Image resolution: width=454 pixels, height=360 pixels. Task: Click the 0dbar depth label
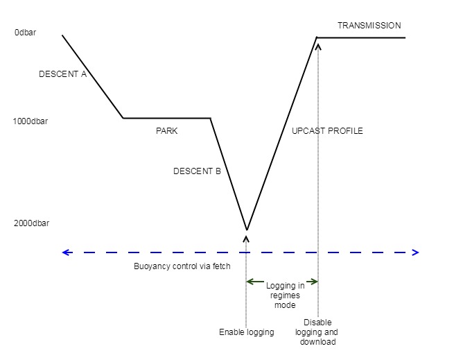tap(25, 33)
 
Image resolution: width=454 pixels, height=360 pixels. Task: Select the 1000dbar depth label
tap(30, 121)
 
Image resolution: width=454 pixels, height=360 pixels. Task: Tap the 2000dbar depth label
tap(30, 223)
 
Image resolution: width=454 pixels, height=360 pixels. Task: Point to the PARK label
tap(167, 130)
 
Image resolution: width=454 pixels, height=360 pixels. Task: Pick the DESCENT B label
tap(197, 171)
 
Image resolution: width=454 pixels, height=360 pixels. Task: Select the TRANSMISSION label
tap(369, 26)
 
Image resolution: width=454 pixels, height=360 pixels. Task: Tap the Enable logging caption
tap(247, 332)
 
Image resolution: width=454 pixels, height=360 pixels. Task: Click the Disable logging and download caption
tap(319, 332)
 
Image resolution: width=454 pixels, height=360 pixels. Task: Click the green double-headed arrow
tap(282, 281)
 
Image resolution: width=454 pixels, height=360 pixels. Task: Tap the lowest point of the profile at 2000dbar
tap(247, 230)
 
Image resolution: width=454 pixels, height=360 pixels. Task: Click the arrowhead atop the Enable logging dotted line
tap(247, 238)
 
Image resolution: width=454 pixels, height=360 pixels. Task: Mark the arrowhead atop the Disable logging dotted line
tap(318, 47)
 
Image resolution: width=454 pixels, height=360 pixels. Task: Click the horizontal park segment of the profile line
tap(166, 118)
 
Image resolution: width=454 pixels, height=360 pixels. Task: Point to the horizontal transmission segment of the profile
tap(360, 37)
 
